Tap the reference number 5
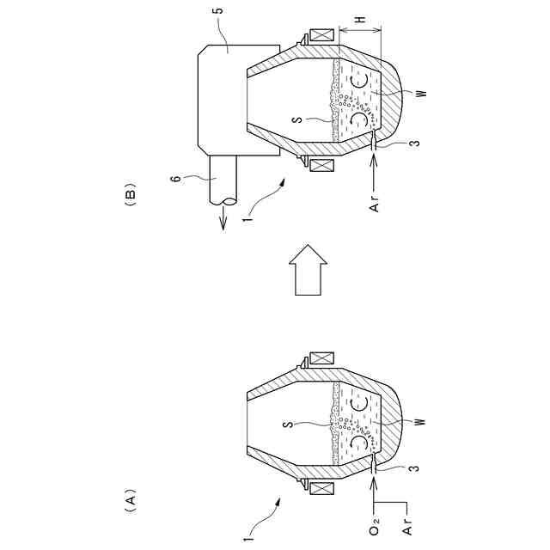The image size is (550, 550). [219, 9]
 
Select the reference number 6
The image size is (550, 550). [178, 178]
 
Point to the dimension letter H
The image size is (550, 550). [360, 19]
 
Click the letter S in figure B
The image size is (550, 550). [297, 119]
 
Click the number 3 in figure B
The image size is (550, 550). [415, 144]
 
